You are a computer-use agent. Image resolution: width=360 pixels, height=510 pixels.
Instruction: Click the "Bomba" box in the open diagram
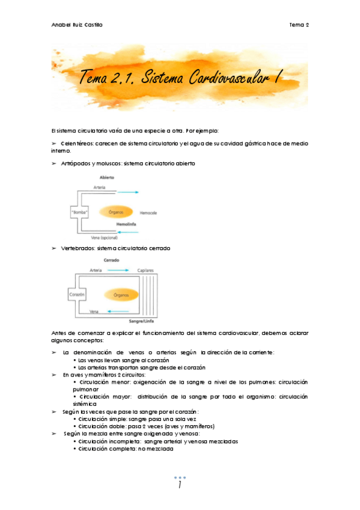click(80, 212)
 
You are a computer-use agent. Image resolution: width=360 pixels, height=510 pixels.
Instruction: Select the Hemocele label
click(148, 214)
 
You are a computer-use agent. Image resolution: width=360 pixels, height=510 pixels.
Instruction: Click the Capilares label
click(147, 271)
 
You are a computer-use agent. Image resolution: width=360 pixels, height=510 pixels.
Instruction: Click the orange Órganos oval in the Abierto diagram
click(112, 212)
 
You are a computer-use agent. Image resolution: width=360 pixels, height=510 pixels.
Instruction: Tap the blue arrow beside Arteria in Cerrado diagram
click(118, 271)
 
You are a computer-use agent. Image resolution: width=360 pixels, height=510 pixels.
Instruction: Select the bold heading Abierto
click(107, 177)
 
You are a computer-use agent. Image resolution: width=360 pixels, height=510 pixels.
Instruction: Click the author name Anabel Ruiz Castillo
click(78, 25)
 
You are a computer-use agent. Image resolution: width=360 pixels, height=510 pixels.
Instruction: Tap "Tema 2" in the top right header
click(299, 25)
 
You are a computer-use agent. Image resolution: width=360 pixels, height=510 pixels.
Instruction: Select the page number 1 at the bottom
click(180, 485)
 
